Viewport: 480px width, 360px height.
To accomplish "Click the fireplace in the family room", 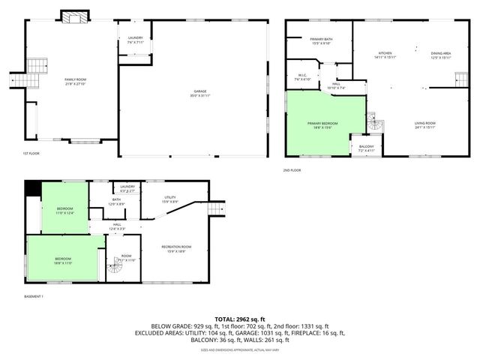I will tap(73, 17).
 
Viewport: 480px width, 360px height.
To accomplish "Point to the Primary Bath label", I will tap(320, 40).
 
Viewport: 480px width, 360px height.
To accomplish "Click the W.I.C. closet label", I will tap(302, 76).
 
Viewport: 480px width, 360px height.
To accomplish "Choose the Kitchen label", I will tap(385, 55).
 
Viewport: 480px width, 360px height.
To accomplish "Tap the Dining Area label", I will tap(441, 55).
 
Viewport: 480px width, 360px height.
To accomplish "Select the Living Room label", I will tap(424, 124).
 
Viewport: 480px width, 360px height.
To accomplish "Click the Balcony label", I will tap(366, 148).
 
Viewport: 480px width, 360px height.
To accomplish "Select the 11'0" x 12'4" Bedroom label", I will tap(65, 211).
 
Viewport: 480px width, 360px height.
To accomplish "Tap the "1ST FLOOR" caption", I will tap(31, 154).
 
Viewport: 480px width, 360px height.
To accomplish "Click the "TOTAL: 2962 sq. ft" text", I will tap(240, 319).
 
